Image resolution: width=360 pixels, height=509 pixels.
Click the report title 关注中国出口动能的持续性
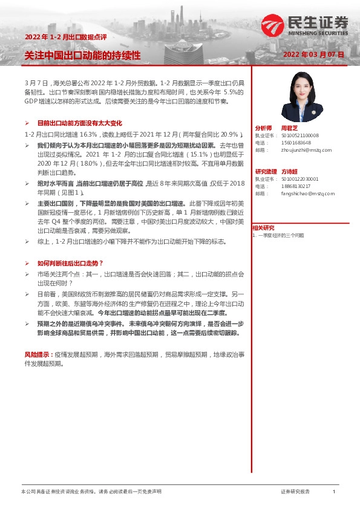(x=82, y=55)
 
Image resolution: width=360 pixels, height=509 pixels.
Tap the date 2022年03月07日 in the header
(x=313, y=54)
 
